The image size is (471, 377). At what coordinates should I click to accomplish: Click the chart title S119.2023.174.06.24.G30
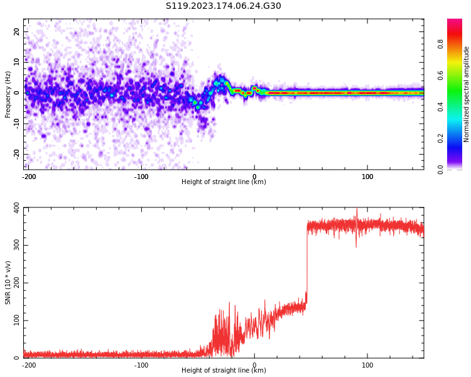coord(224,6)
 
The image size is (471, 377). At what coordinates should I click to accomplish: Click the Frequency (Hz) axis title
coord(8,94)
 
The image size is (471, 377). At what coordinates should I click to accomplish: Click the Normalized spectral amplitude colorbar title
coord(467,94)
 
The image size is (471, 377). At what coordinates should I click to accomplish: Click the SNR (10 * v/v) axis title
coord(8,283)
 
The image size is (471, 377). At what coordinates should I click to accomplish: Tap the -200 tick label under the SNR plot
coord(29,364)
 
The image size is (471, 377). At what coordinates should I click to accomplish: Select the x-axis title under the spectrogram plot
coord(224,182)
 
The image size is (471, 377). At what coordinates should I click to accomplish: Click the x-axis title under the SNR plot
coord(224,371)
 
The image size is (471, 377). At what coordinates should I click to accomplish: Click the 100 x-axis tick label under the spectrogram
coord(367,177)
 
